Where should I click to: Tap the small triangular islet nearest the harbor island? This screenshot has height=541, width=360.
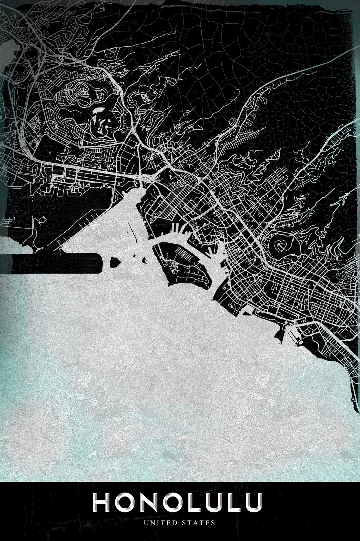[x=144, y=261]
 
